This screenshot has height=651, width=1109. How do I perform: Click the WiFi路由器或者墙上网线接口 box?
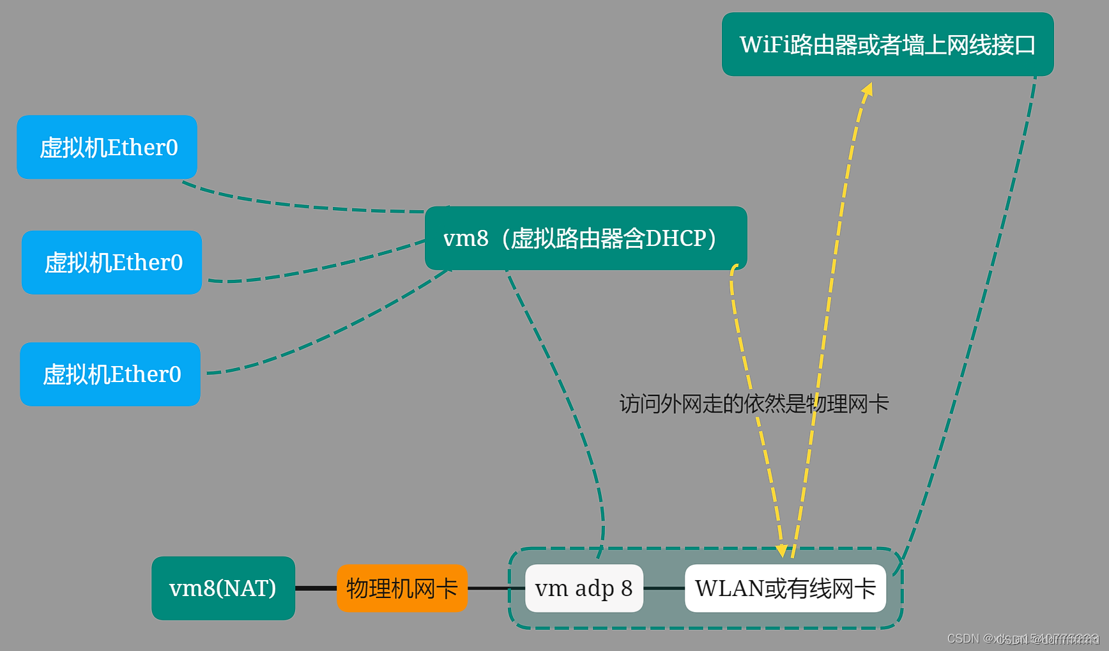887,45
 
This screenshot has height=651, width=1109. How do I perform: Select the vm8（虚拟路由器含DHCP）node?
585,238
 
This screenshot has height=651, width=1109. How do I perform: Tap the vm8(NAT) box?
223,588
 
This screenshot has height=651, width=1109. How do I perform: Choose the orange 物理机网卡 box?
402,588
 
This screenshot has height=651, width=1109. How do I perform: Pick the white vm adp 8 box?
584,588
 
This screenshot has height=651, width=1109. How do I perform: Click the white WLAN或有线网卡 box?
785,588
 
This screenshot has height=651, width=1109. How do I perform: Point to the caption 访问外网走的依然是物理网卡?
754,404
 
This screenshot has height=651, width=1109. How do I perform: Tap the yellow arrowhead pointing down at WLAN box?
781,550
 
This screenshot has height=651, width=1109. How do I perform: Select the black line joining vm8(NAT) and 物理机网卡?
316,588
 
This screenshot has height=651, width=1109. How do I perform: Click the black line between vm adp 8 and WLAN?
664,588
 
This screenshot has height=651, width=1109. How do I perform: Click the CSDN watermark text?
1022,638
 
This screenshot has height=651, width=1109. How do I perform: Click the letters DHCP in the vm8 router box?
675,238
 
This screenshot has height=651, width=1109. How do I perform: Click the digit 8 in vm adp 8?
627,588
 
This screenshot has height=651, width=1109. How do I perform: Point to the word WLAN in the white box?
729,588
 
